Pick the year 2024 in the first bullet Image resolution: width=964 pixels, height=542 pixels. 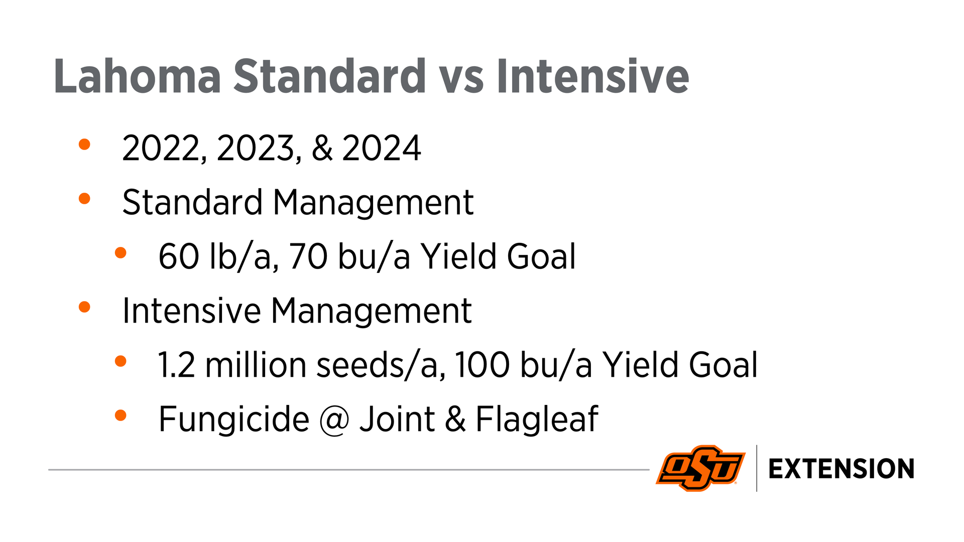pyautogui.click(x=381, y=149)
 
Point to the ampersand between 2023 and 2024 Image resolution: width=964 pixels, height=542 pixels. pyautogui.click(x=322, y=149)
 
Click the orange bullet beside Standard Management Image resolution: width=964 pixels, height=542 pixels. pyautogui.click(x=84, y=199)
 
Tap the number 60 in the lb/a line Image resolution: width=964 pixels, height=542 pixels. pyautogui.click(x=179, y=256)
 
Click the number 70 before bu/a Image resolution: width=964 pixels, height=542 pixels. pyautogui.click(x=309, y=256)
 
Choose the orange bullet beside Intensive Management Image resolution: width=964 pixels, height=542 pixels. pyautogui.click(x=84, y=307)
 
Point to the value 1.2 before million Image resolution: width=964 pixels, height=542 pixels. pyautogui.click(x=176, y=365)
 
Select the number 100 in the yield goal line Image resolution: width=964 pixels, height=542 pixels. pyautogui.click(x=483, y=365)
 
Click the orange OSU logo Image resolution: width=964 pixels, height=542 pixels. pyautogui.click(x=700, y=468)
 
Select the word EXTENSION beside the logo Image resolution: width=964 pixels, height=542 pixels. pyautogui.click(x=841, y=469)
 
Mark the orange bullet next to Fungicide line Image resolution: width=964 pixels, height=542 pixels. pyautogui.click(x=120, y=415)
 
